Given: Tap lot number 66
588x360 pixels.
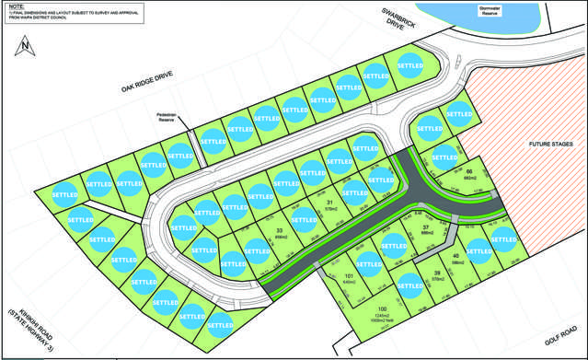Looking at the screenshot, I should click(468, 172).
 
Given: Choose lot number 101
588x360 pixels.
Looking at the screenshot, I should click(349, 275).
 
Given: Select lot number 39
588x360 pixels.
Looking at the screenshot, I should click(437, 273).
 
